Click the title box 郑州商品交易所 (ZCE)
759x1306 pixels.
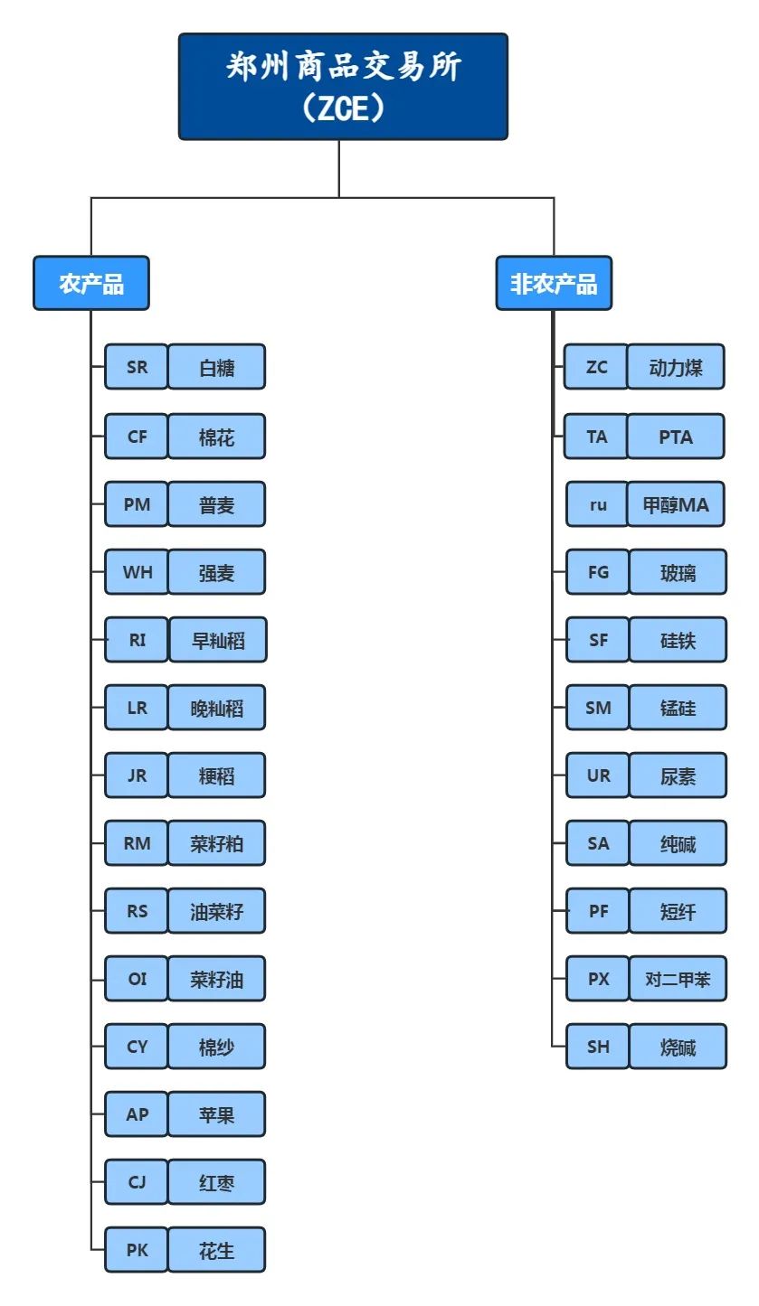(343, 86)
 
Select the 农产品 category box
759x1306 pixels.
(91, 283)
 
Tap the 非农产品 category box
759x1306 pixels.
(554, 283)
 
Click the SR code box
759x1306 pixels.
(137, 367)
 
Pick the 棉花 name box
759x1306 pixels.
(216, 437)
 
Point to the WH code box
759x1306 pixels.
(137, 572)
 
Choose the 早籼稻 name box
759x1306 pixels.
(218, 640)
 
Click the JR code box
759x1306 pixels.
(137, 775)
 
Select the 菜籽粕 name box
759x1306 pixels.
(216, 843)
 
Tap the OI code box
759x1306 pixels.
(137, 978)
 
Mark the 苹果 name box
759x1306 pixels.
(216, 1114)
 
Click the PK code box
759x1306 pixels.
(137, 1249)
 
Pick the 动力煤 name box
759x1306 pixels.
(676, 367)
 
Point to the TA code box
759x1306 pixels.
(596, 437)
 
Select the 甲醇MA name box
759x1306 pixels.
(676, 503)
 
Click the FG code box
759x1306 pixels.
(598, 572)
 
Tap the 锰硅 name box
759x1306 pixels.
(678, 707)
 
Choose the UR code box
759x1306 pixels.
(598, 775)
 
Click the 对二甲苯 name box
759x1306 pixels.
(678, 978)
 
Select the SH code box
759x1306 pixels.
(598, 1047)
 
